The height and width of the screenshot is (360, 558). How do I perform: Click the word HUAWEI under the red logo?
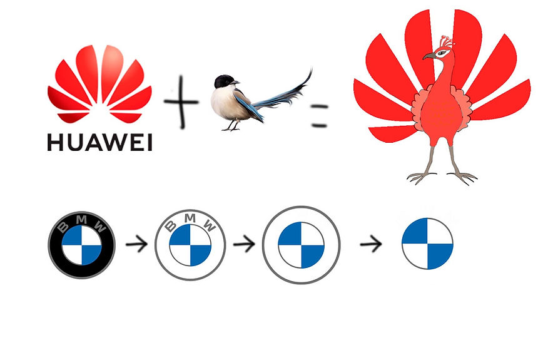click(x=100, y=143)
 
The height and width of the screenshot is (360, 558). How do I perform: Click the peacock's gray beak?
click(x=429, y=56)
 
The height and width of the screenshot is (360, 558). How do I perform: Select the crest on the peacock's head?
click(x=445, y=41)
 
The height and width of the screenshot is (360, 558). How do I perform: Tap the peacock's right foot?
click(x=463, y=177)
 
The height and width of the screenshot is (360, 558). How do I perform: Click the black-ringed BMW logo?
click(x=81, y=244)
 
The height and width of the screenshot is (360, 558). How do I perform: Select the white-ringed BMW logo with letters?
click(x=190, y=244)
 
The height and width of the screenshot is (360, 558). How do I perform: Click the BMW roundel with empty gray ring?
click(x=301, y=244)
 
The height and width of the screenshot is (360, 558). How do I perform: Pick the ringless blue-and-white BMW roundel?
click(x=427, y=244)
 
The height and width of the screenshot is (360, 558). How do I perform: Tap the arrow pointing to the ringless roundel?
click(x=372, y=244)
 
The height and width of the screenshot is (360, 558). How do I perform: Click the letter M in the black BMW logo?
click(x=81, y=221)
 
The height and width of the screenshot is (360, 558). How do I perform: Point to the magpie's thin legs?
click(x=233, y=124)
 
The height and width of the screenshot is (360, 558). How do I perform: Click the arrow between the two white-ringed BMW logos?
click(x=244, y=244)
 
